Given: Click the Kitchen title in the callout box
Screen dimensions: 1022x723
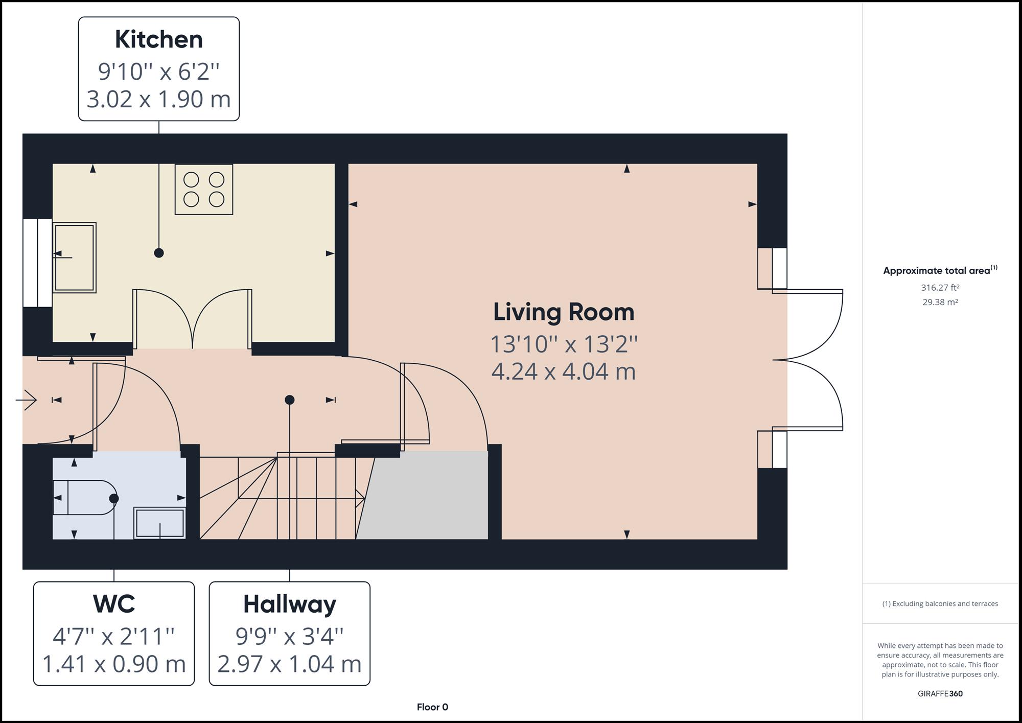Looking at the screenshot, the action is (x=158, y=40).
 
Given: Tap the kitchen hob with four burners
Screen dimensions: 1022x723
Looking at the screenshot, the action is (x=204, y=189).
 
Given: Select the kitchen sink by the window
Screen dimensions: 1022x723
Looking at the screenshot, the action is (x=75, y=258).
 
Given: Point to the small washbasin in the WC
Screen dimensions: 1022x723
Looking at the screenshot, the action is (x=159, y=523).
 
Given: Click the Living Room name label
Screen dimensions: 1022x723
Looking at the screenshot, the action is (x=564, y=312).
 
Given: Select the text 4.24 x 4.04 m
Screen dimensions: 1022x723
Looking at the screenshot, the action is (x=564, y=371).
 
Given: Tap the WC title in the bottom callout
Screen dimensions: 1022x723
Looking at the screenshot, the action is (x=114, y=604).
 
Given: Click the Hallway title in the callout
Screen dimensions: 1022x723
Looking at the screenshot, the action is (x=290, y=604).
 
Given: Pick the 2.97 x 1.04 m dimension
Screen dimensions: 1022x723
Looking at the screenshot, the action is (x=290, y=664).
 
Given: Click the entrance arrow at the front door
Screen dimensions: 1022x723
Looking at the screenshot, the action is (x=26, y=400).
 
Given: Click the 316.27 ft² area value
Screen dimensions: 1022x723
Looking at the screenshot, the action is (x=940, y=288).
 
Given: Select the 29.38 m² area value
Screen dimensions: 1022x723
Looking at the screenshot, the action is (x=940, y=302).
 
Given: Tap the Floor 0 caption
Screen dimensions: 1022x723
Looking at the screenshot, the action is (x=432, y=707).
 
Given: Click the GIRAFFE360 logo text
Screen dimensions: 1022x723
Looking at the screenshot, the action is (x=940, y=694).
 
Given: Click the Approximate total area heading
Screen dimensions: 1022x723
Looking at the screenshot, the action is (x=940, y=270).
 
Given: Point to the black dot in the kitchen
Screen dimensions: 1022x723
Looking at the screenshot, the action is (x=159, y=253).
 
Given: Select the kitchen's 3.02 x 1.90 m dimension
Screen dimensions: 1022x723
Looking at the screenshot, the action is (x=159, y=99).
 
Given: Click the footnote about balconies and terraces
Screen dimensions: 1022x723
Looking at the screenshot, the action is (x=940, y=604).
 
